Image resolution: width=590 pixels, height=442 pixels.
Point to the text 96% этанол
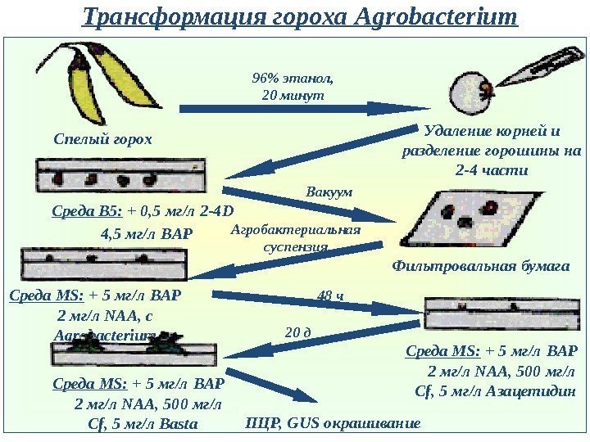pyautogui.click(x=293, y=79)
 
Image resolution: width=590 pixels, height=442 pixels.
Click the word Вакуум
pyautogui.click(x=328, y=192)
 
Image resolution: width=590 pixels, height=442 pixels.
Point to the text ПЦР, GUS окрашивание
pyautogui.click(x=333, y=423)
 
